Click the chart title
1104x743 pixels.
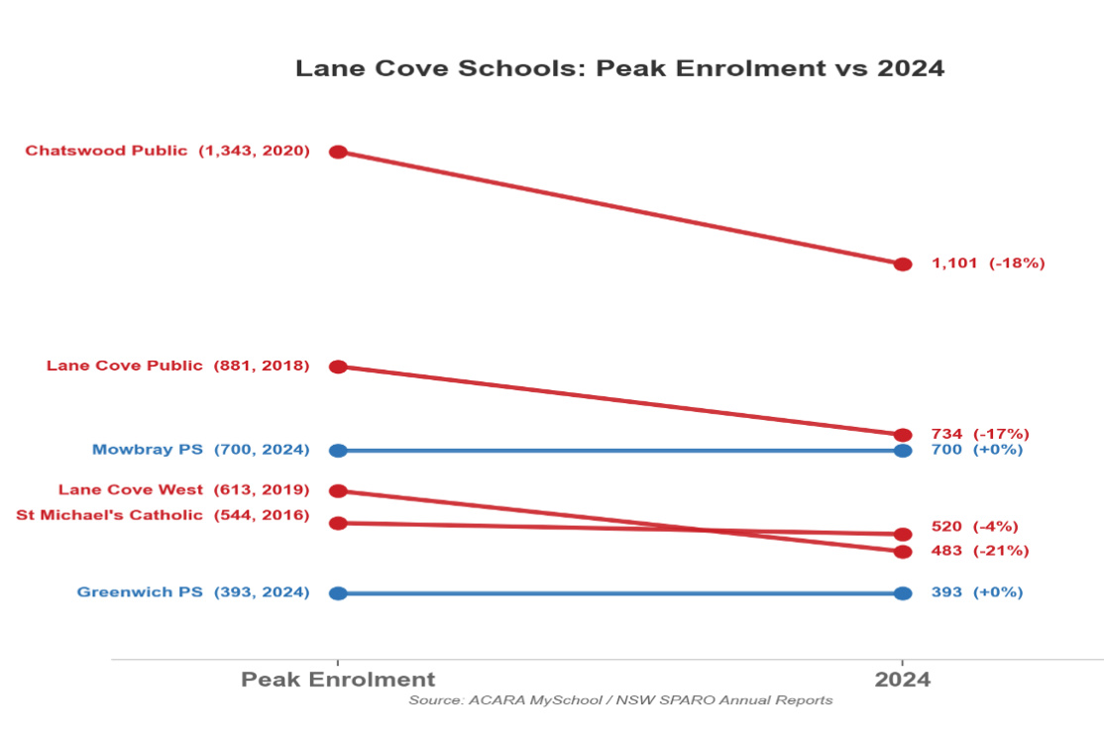[x=620, y=68]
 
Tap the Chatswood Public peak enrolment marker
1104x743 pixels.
[x=338, y=152]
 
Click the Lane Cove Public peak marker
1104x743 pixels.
[x=338, y=367]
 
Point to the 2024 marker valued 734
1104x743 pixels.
[x=903, y=435]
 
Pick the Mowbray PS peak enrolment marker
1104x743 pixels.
[x=338, y=451]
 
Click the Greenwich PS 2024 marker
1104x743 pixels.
[x=903, y=593]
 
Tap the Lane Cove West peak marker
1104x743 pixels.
[x=338, y=490]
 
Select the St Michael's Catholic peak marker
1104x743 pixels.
[x=338, y=523]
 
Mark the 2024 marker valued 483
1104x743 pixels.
[x=903, y=551]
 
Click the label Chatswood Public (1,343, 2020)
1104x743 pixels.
[x=167, y=152]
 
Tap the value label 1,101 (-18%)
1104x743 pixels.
[x=988, y=264]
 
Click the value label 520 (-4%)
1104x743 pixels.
[x=974, y=527]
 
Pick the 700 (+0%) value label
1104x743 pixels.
[x=977, y=450]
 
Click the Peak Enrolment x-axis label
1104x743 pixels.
[x=338, y=680]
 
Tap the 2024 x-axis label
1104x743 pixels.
[x=903, y=680]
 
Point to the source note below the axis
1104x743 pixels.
[x=620, y=700]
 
